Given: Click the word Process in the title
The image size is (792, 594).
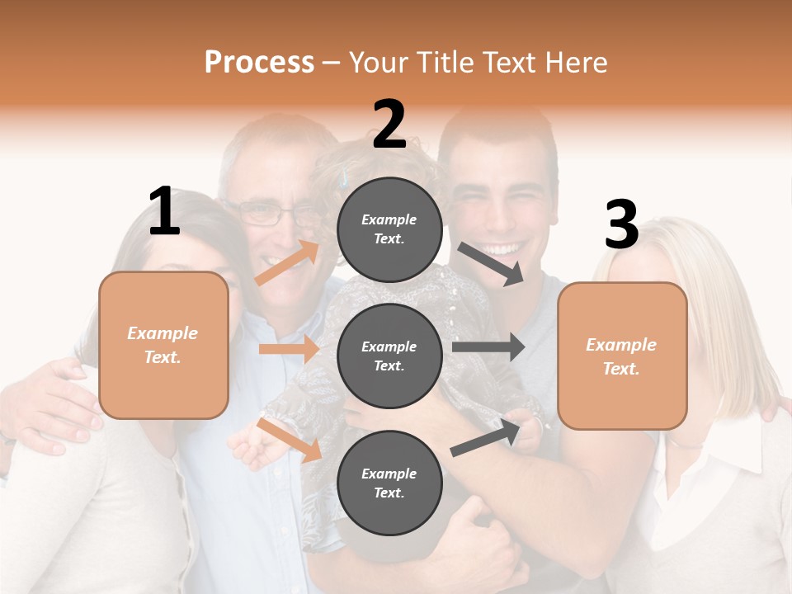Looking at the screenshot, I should pyautogui.click(x=259, y=63).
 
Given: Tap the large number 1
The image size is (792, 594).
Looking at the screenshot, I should pyautogui.click(x=164, y=212).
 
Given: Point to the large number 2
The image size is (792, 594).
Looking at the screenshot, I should pyautogui.click(x=389, y=125).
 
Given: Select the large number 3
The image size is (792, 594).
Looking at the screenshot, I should pyautogui.click(x=621, y=225).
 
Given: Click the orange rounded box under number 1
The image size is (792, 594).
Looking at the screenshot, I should pyautogui.click(x=163, y=345).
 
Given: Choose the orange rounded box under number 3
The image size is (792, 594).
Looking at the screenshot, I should pyautogui.click(x=622, y=356).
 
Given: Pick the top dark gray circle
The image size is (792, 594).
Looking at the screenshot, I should pyautogui.click(x=389, y=229).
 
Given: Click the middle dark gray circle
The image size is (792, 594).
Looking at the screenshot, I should pyautogui.click(x=389, y=356).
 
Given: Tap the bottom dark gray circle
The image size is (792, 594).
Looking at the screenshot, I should pyautogui.click(x=389, y=483).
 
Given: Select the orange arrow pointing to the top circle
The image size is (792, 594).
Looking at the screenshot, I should pyautogui.click(x=287, y=263).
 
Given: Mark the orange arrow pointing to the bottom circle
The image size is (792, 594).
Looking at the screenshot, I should pyautogui.click(x=289, y=439).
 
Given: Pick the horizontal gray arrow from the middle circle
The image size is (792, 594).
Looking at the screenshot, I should pyautogui.click(x=488, y=346).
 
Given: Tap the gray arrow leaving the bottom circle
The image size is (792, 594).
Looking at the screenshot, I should pyautogui.click(x=487, y=438).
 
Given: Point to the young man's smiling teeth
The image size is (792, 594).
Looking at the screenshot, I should pyautogui.click(x=502, y=248).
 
